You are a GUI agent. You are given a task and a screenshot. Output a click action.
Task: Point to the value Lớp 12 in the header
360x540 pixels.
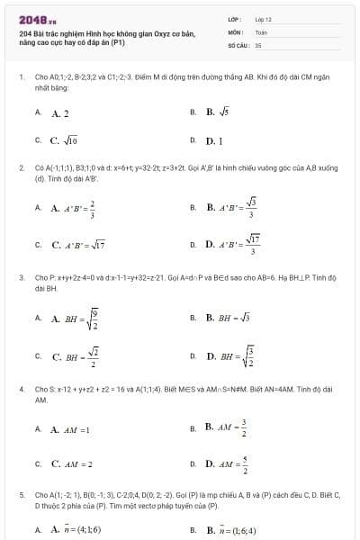263,19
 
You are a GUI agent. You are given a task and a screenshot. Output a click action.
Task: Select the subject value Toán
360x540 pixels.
261,31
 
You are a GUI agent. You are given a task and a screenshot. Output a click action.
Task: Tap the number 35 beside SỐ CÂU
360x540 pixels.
258,43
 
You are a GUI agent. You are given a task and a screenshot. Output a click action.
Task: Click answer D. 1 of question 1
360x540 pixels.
214,141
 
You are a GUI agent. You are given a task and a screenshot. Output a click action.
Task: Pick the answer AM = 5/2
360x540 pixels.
226,465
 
